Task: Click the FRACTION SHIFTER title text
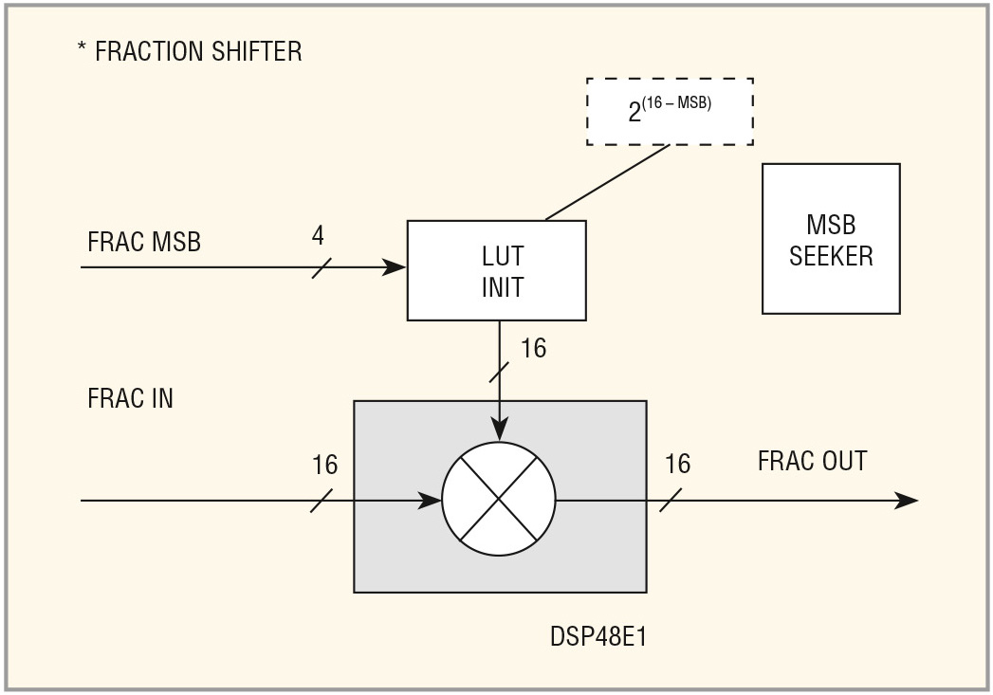coord(198,51)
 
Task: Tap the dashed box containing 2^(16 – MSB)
coord(670,79)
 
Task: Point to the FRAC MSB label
coord(144,242)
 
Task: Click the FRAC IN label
coord(130,398)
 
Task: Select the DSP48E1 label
coord(598,637)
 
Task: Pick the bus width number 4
coord(318,235)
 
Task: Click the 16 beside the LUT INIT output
coord(533,348)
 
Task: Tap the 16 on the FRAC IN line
coord(325,465)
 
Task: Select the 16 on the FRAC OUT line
coord(677,464)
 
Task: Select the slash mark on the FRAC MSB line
coord(322,267)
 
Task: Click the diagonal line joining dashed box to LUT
coord(607,183)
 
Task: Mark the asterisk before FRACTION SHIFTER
coord(82,46)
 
